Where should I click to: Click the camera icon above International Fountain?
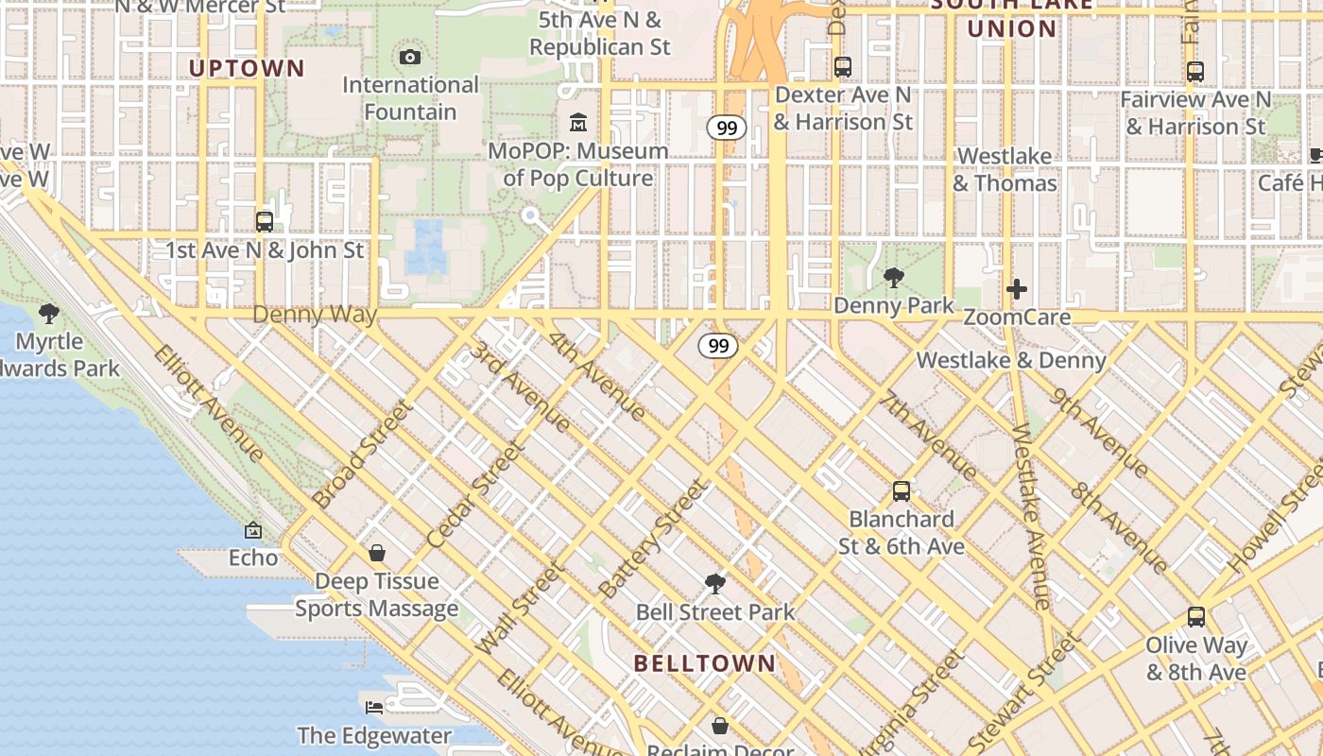tap(410, 58)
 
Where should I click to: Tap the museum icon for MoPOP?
tap(578, 123)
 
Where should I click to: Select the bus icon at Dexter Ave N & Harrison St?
tap(843, 67)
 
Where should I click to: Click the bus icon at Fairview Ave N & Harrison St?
tap(1195, 71)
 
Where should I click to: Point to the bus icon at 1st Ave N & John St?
tap(265, 222)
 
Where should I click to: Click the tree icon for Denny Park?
tap(893, 278)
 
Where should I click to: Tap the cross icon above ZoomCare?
tap(1017, 289)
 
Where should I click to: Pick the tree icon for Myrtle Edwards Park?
tap(49, 313)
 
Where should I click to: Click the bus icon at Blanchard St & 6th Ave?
tap(902, 491)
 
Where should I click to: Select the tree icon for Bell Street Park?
tap(715, 584)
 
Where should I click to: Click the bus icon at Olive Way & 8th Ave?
tap(1196, 617)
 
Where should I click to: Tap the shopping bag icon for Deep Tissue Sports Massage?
tap(377, 553)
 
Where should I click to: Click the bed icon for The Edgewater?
tap(375, 707)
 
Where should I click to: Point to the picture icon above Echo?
tap(253, 531)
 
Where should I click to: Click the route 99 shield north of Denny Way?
tap(726, 128)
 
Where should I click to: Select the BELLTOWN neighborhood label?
tap(705, 663)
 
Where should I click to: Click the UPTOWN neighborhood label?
tap(247, 68)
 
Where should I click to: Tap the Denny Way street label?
tap(315, 315)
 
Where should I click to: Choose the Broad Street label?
tap(363, 454)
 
